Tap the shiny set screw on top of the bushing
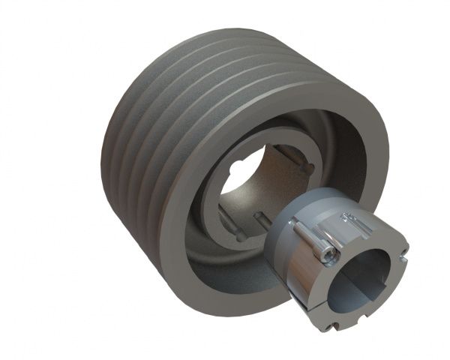point(350,219)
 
